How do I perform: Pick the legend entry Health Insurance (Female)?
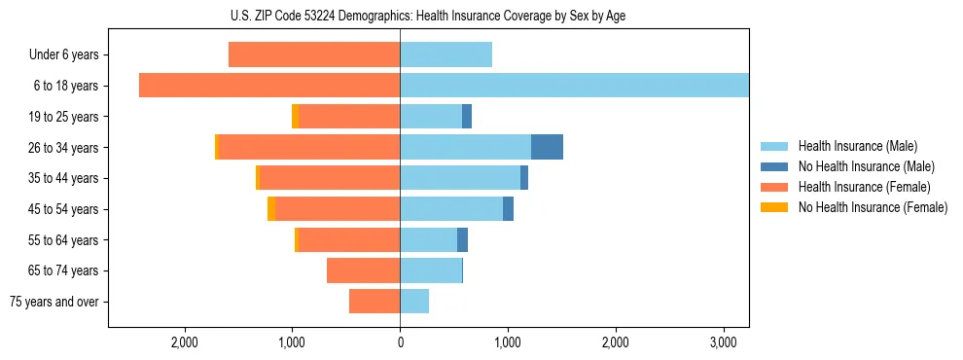click(x=850, y=187)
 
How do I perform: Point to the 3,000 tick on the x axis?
click(x=723, y=342)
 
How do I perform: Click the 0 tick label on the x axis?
click(x=400, y=342)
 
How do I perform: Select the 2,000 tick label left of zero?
click(x=185, y=342)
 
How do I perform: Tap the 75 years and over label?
click(x=54, y=302)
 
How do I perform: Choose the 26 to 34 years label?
click(x=64, y=148)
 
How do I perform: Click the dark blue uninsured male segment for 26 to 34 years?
click(x=547, y=147)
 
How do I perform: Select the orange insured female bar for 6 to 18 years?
click(x=269, y=86)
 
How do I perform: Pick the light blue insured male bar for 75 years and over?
click(x=414, y=302)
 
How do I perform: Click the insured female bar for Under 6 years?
click(x=314, y=54)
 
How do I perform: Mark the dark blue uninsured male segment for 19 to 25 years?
click(x=467, y=117)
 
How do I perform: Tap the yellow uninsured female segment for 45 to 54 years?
click(x=271, y=209)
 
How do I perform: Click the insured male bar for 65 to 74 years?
click(x=431, y=270)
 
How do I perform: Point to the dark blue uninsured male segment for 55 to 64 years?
click(x=462, y=239)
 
